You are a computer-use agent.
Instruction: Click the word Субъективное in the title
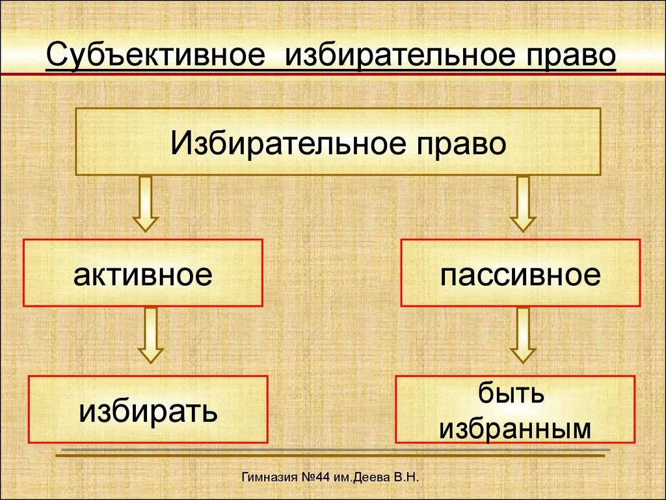click(154, 55)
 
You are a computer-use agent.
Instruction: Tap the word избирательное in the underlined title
click(397, 55)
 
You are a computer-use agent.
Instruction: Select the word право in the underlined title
click(566, 55)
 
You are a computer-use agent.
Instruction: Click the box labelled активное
click(143, 273)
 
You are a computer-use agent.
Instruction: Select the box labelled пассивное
click(520, 273)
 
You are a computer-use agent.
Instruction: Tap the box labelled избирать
click(148, 410)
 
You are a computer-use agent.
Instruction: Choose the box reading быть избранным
click(514, 410)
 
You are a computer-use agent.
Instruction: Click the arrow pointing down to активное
click(146, 203)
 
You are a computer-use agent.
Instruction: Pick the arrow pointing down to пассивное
click(522, 203)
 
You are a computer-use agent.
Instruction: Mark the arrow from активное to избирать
click(151, 335)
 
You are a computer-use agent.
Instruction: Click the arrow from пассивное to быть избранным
click(522, 335)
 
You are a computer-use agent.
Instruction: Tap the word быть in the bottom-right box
click(511, 395)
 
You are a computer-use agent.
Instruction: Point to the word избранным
click(514, 428)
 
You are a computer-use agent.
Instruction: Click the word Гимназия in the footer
click(269, 478)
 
